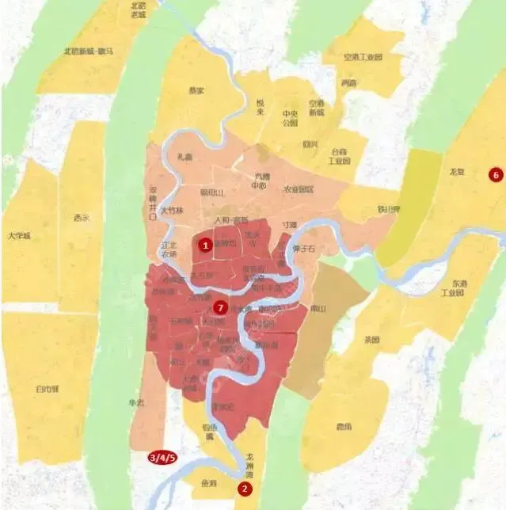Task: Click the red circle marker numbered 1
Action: pyautogui.click(x=206, y=245)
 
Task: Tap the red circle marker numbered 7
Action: pyautogui.click(x=221, y=306)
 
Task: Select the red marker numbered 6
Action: pyautogui.click(x=496, y=175)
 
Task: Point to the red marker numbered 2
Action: pyautogui.click(x=245, y=489)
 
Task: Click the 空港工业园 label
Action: pyautogui.click(x=363, y=57)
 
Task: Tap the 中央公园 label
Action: pyautogui.click(x=290, y=118)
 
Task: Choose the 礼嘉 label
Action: pyautogui.click(x=186, y=157)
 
